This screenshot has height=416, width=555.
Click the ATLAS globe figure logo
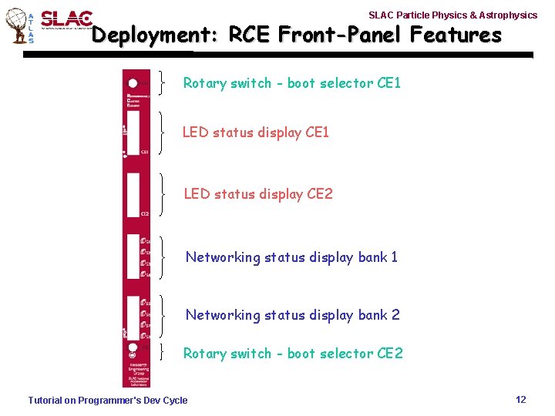(16, 26)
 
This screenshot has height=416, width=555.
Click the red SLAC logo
(66, 20)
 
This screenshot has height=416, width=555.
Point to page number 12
(520, 399)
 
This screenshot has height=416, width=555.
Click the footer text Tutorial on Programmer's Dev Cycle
(107, 400)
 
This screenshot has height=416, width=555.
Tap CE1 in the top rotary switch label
(388, 82)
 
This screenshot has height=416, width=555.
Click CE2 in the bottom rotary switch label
(390, 354)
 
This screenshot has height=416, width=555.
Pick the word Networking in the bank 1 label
(223, 257)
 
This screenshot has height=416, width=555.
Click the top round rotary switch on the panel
(133, 83)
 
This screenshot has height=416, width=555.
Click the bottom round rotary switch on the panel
(133, 348)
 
